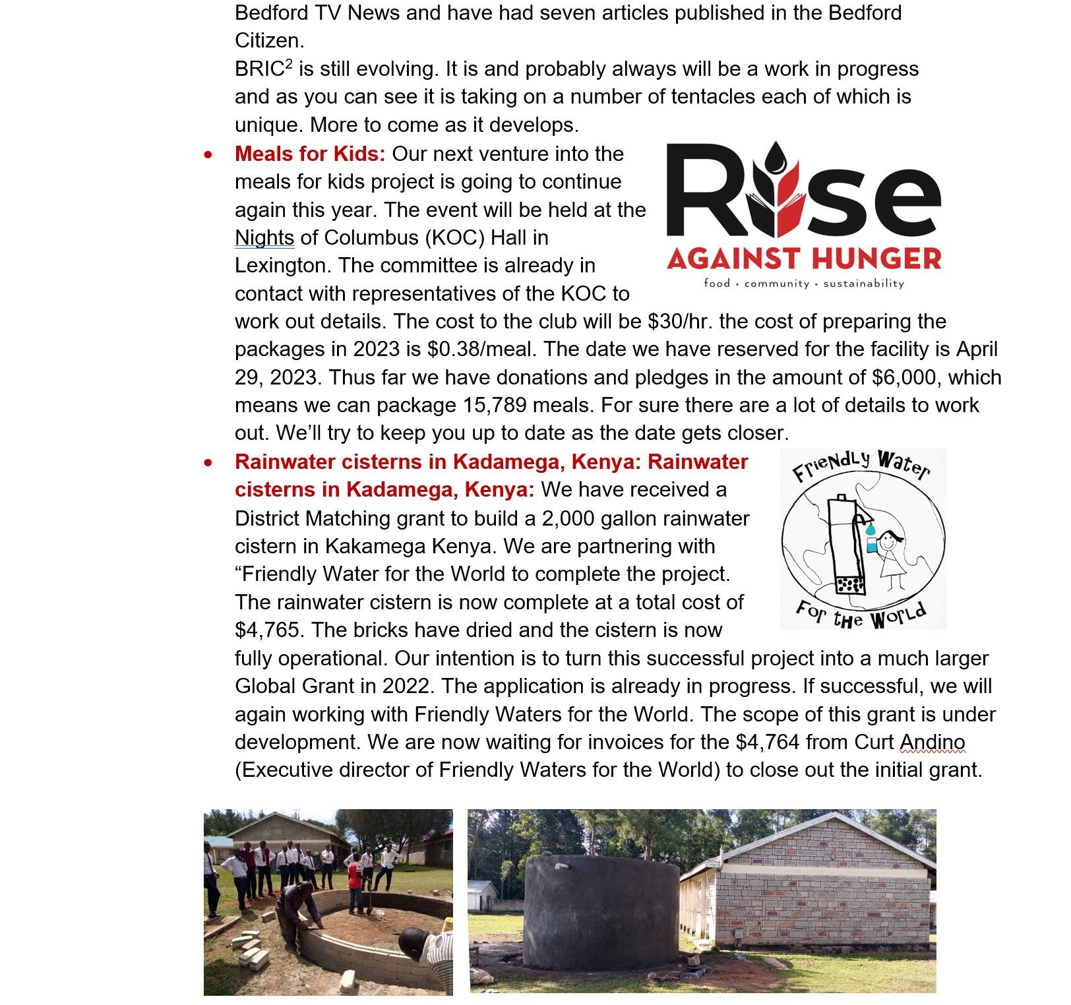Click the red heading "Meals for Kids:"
pyautogui.click(x=310, y=154)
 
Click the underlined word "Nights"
pyautogui.click(x=264, y=238)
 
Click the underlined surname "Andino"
pyautogui.click(x=933, y=743)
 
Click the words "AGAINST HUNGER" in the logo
pyautogui.click(x=804, y=259)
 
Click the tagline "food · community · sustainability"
pyautogui.click(x=804, y=284)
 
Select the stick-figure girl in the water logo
pyautogui.click(x=891, y=557)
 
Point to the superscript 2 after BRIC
pyautogui.click(x=289, y=65)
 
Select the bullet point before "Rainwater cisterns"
pyautogui.click(x=208, y=463)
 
